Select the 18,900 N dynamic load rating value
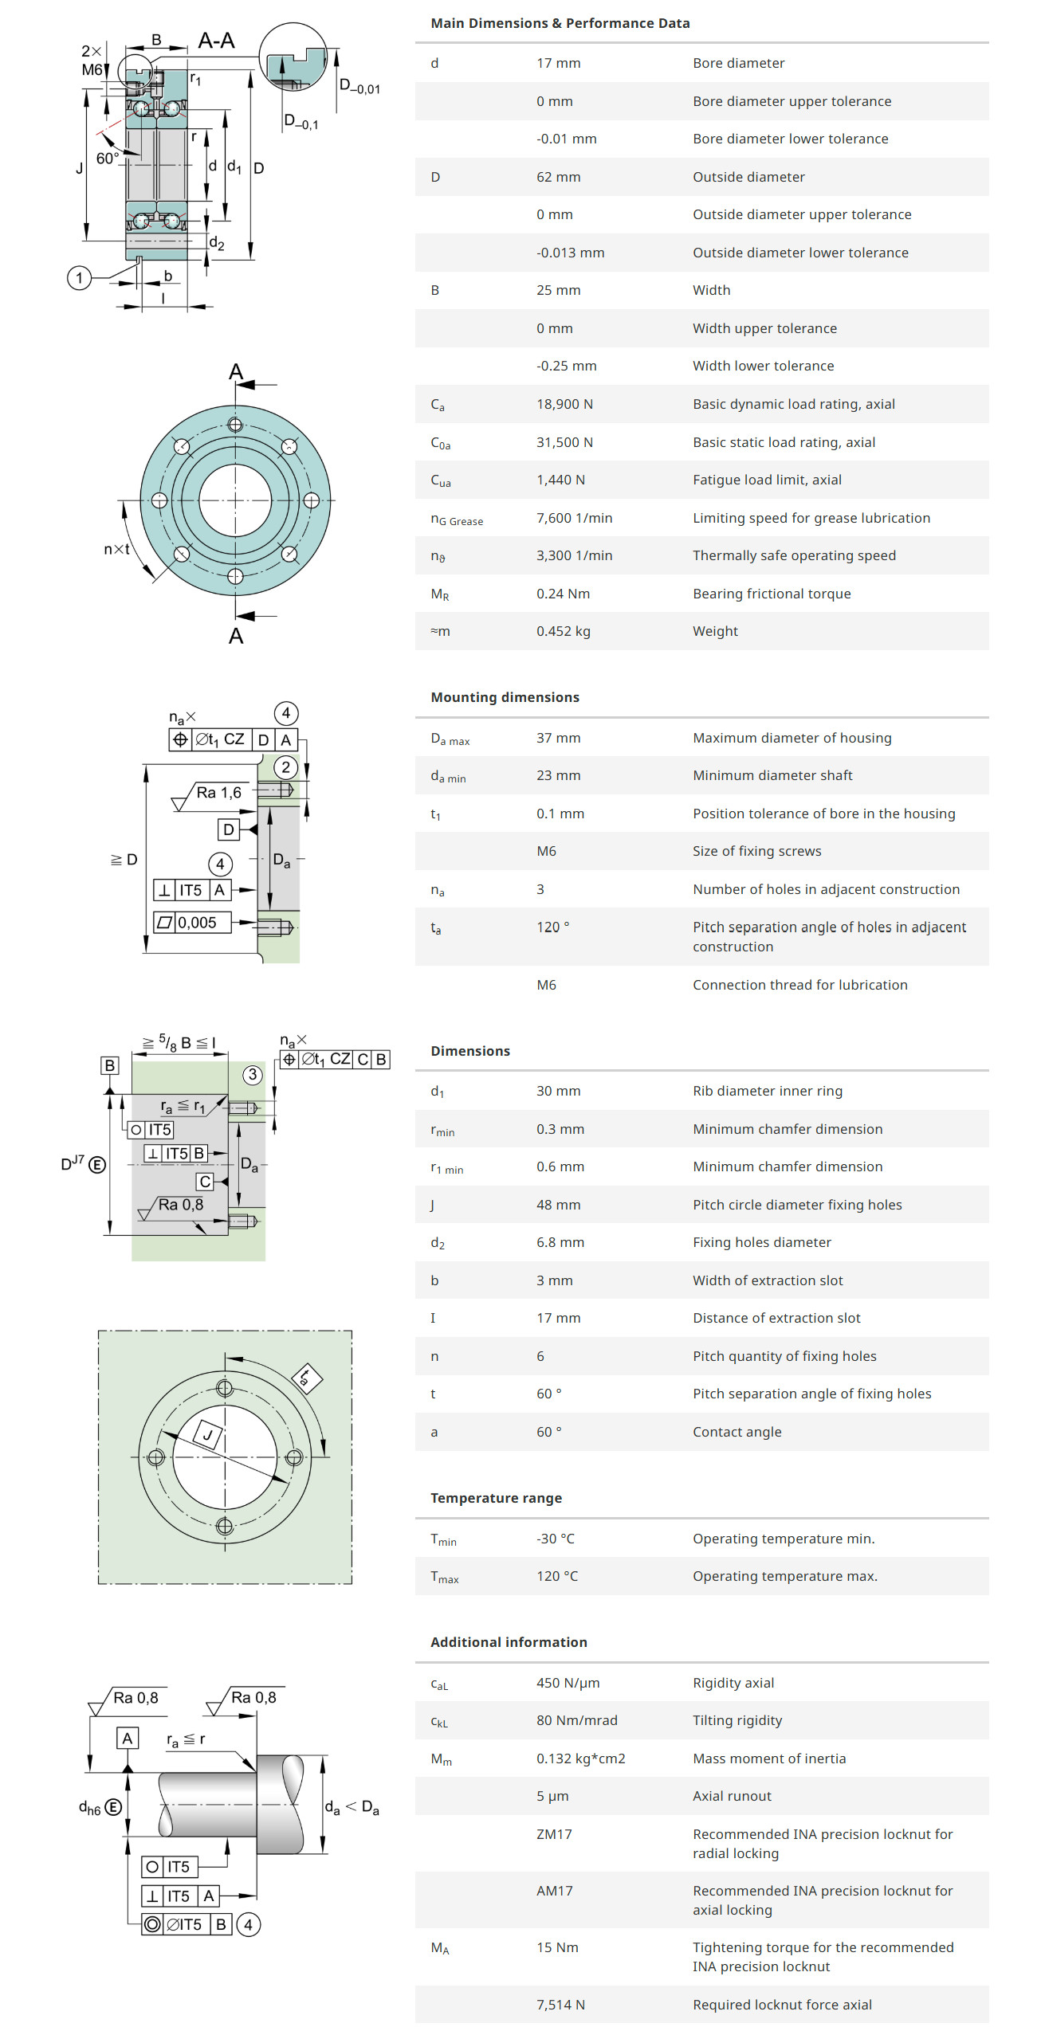point(564,404)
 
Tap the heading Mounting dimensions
point(505,697)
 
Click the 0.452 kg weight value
point(563,631)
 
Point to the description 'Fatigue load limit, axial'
point(766,480)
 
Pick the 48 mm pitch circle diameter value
point(558,1205)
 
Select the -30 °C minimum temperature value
point(555,1539)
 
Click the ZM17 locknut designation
point(554,1834)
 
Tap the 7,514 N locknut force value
point(560,2005)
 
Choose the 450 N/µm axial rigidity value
point(568,1683)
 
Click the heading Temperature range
point(496,1498)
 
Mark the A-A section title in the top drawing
point(216,41)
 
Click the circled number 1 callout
point(79,278)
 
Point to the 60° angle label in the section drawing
point(107,159)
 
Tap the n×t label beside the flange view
point(116,549)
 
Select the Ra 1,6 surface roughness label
point(218,793)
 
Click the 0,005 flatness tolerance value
point(197,923)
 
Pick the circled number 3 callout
point(253,1075)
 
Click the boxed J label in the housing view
point(208,1435)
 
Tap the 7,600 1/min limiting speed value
point(574,518)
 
